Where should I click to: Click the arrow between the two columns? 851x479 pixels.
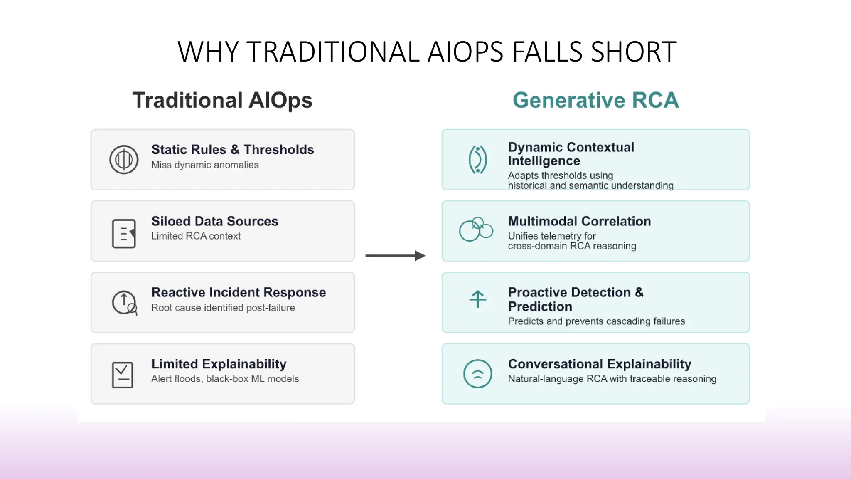pos(395,256)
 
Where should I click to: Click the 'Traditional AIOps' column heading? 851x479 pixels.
pos(222,100)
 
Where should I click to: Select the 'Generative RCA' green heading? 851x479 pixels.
pos(595,100)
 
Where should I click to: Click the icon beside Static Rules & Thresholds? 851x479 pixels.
pos(124,160)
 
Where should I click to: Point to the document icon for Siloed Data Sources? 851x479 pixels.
pos(124,234)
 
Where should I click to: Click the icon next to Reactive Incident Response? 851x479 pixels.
pos(124,303)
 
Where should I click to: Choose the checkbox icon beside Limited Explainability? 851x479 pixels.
pos(123,375)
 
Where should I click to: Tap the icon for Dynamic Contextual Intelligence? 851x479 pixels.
pos(477,160)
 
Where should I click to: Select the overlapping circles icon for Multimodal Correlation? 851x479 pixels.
pos(476,229)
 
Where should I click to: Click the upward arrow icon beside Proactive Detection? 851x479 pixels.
pos(477,299)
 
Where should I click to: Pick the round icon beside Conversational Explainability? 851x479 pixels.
pos(477,374)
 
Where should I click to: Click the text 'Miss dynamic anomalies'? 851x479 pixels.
pos(205,165)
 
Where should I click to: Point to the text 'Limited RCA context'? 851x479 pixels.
pos(196,236)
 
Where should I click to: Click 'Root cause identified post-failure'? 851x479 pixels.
pos(223,308)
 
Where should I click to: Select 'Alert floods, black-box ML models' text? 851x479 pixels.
pos(225,379)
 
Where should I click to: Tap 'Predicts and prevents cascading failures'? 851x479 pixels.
pos(596,321)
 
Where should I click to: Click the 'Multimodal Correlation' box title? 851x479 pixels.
pos(579,221)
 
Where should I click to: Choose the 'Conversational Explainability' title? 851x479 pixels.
pos(599,364)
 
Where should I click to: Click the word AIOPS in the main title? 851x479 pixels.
pos(465,52)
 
